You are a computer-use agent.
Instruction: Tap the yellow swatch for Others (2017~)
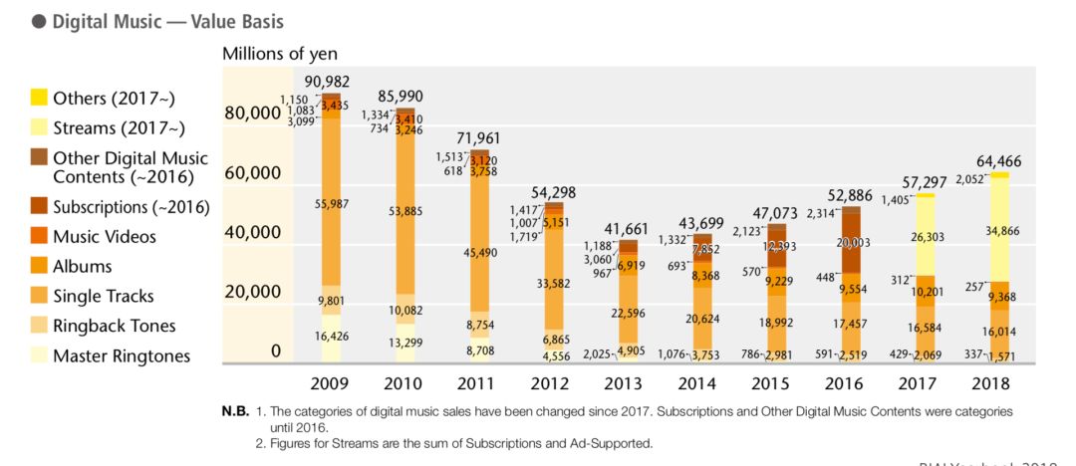pyautogui.click(x=39, y=98)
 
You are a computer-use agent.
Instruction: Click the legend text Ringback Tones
pyautogui.click(x=114, y=326)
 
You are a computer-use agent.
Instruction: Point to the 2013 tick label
pyautogui.click(x=628, y=383)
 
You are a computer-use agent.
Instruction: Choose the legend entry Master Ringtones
pyautogui.click(x=120, y=355)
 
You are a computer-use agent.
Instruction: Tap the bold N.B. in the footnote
pyautogui.click(x=235, y=411)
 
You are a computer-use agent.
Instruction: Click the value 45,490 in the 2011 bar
pyautogui.click(x=480, y=253)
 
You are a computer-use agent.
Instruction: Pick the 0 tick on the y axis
pyautogui.click(x=276, y=351)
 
